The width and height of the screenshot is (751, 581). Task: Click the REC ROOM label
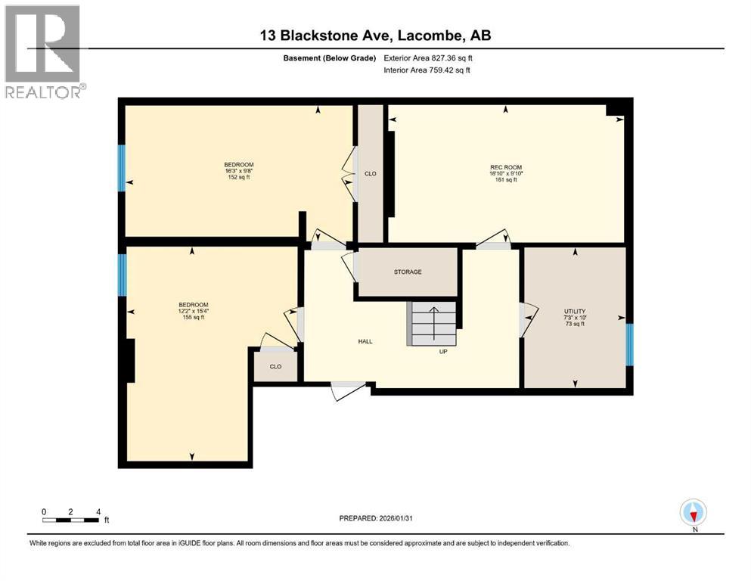pyautogui.click(x=506, y=167)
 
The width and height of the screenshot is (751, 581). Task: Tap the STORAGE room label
pyautogui.click(x=407, y=272)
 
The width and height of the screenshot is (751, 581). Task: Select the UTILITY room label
pyautogui.click(x=575, y=312)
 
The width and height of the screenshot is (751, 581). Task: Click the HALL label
pyautogui.click(x=365, y=341)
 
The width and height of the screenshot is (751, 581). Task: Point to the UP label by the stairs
pyautogui.click(x=444, y=351)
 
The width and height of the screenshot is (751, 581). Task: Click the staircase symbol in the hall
pyautogui.click(x=433, y=323)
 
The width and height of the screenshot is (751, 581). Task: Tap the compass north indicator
pyautogui.click(x=693, y=513)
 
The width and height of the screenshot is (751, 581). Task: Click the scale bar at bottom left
pyautogui.click(x=71, y=520)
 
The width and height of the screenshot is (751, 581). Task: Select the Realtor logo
pyautogui.click(x=44, y=51)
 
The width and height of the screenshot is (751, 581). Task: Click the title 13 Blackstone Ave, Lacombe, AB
pyautogui.click(x=374, y=36)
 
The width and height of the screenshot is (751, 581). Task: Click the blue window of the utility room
pyautogui.click(x=629, y=344)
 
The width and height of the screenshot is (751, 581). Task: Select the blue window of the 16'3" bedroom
pyautogui.click(x=121, y=168)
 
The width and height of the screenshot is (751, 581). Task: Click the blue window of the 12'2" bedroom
pyautogui.click(x=122, y=275)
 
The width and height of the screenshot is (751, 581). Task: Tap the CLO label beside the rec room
pyautogui.click(x=371, y=174)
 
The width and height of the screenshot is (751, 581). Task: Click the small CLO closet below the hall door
pyautogui.click(x=275, y=367)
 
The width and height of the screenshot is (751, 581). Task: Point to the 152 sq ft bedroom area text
pyautogui.click(x=238, y=177)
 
